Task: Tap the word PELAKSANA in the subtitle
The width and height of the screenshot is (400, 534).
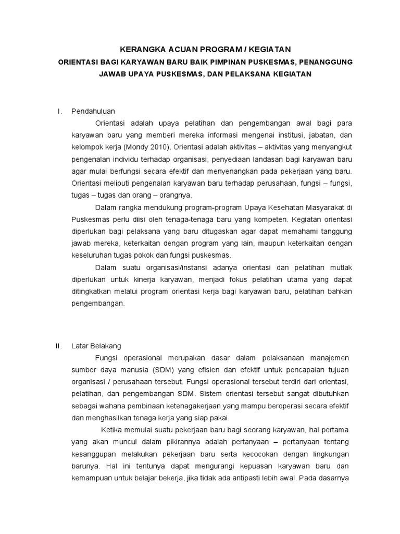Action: click(247, 74)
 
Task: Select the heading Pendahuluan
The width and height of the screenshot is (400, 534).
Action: click(93, 111)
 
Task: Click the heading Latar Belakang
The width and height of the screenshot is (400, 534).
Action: click(96, 346)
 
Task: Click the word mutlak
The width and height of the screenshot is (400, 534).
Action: click(341, 268)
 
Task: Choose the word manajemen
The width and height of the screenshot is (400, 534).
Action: click(332, 358)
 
